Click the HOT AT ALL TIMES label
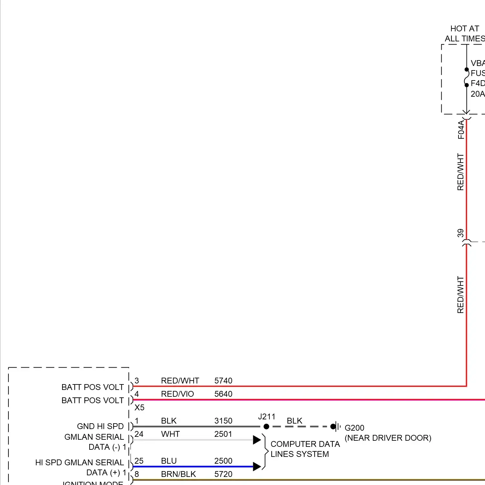(x=465, y=34)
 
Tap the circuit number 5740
(x=223, y=381)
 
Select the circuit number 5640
(x=223, y=394)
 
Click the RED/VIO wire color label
(x=177, y=394)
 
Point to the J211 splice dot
(x=266, y=426)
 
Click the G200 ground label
(x=354, y=428)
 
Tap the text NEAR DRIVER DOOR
(x=388, y=438)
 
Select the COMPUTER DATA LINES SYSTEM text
(x=305, y=449)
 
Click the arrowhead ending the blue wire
(x=257, y=466)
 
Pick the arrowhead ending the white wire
(x=257, y=440)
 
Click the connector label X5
(x=139, y=407)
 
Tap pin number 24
(x=139, y=434)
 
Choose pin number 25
(x=139, y=461)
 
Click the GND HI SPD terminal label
(x=100, y=426)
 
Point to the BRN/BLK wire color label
(x=178, y=474)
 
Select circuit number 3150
(x=223, y=421)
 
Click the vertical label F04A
(x=461, y=130)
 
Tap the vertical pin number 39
(x=460, y=233)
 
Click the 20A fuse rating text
(x=477, y=94)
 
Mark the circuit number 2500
(x=223, y=461)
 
